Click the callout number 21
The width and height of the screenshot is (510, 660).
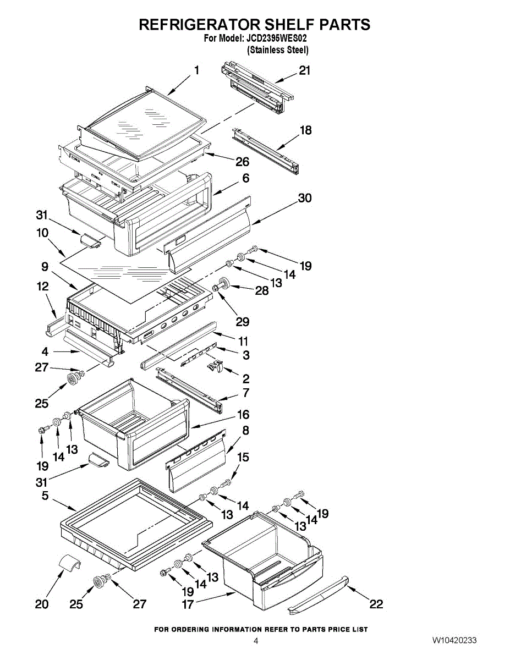(304, 70)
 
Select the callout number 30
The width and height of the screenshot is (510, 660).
(304, 198)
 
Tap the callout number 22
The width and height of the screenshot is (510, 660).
(376, 604)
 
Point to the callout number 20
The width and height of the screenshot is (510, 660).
(42, 604)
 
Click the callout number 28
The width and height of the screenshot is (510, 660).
(261, 290)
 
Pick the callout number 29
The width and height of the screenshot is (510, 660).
(243, 321)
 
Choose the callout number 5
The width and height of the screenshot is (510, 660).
(45, 496)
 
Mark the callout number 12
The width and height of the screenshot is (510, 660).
(42, 287)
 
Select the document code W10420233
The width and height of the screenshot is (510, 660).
(454, 640)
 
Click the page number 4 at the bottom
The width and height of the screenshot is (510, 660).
(255, 641)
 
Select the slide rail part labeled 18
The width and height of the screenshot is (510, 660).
(266, 150)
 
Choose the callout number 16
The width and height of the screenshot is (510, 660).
(243, 415)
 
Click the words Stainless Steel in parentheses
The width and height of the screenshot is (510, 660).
(278, 50)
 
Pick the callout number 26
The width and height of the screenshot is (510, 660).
(242, 162)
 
